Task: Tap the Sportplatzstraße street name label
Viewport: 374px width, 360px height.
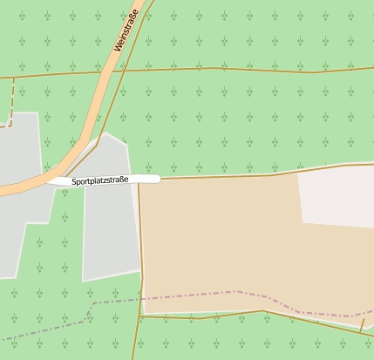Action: click(x=100, y=180)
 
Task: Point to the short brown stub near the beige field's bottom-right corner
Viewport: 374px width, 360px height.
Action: click(x=363, y=324)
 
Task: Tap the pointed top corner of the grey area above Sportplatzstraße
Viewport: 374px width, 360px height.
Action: click(x=105, y=133)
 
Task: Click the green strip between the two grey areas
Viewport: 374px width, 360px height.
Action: click(x=70, y=235)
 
